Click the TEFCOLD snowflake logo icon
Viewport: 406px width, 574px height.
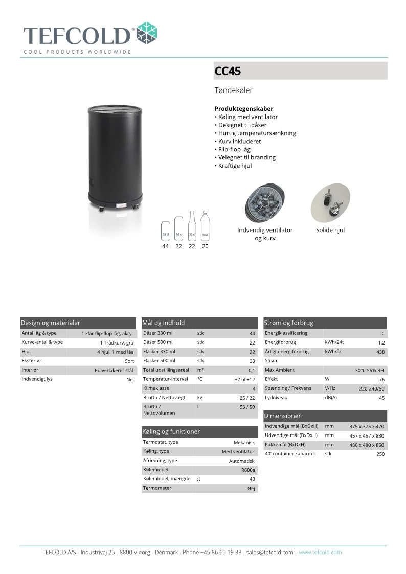point(148,33)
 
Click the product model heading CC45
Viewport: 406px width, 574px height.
point(228,72)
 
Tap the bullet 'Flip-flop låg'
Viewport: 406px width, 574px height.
point(234,149)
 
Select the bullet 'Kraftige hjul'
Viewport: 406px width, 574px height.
point(234,166)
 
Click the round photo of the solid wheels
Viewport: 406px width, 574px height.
point(330,203)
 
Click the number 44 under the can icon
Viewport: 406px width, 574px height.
point(165,246)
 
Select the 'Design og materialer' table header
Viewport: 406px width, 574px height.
point(51,323)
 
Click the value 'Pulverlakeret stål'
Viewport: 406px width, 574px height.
point(114,370)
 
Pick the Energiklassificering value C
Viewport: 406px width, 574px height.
point(383,334)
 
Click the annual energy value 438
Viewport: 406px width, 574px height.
point(381,352)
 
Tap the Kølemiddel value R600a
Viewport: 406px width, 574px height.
point(248,470)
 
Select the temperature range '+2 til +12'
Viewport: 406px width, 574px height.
point(244,380)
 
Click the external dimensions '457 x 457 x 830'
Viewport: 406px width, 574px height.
point(367,436)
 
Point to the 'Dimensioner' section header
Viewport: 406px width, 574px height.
point(283,416)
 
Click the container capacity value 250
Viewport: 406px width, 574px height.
point(380,454)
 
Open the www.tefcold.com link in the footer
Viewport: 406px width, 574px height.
point(320,552)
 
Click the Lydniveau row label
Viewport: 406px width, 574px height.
point(276,398)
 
